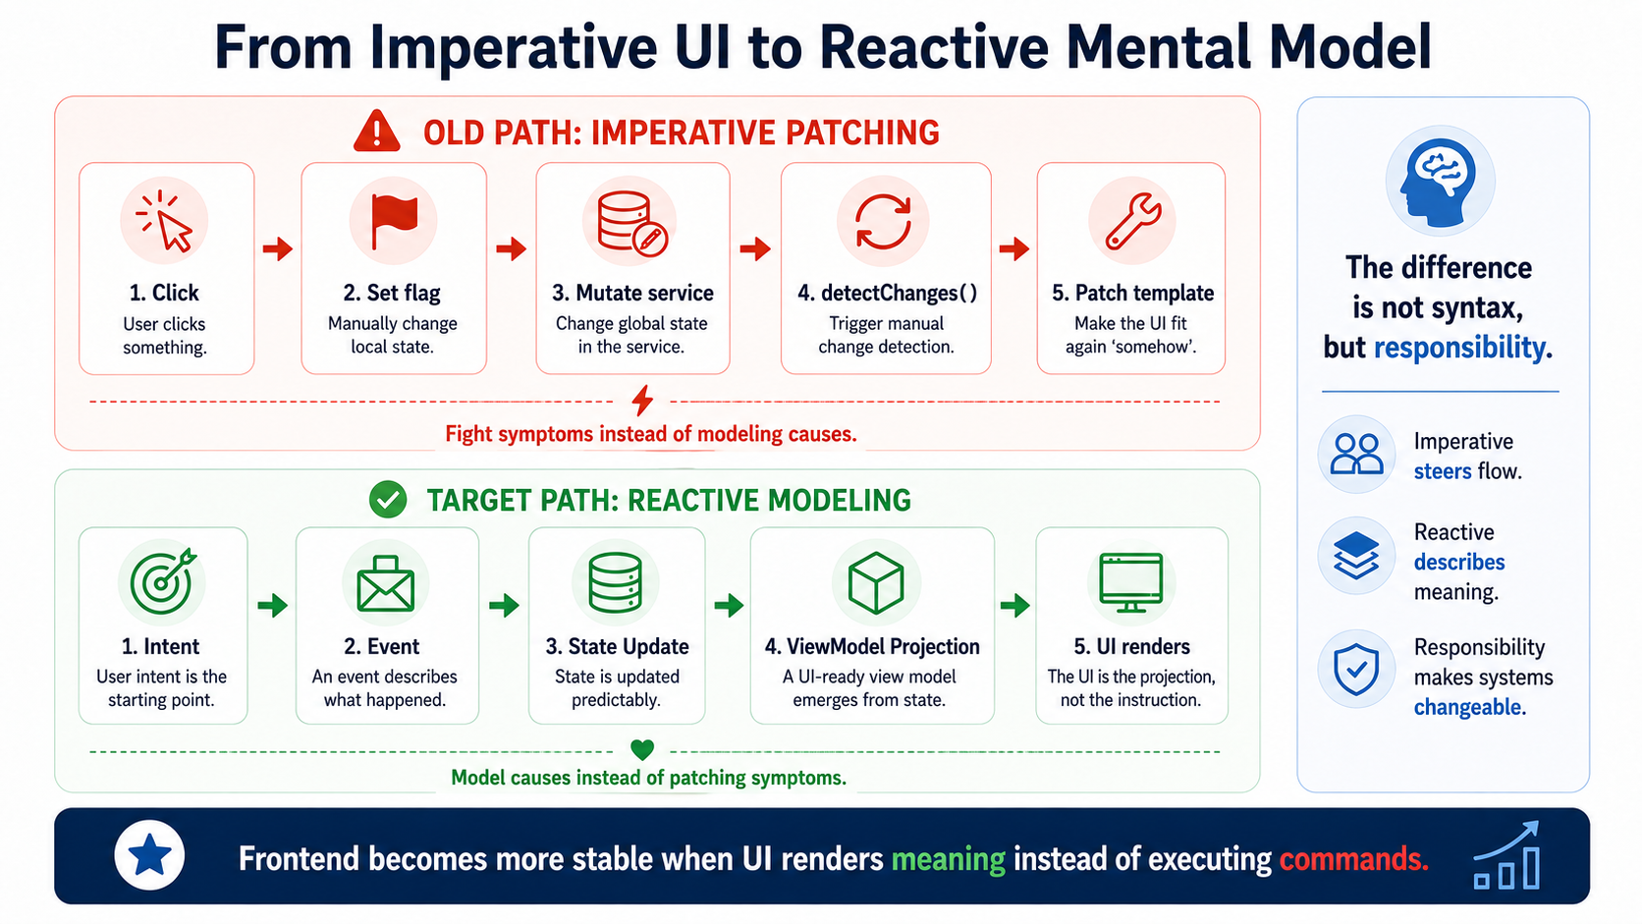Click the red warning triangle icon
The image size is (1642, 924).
377,132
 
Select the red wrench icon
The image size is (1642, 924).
1132,222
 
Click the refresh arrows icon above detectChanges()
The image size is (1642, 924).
883,222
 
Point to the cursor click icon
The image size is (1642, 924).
165,221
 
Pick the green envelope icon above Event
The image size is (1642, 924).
386,584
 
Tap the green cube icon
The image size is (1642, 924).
875,582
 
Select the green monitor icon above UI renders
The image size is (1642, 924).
1131,582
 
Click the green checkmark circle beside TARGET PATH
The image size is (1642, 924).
388,500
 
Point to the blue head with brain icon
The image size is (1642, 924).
1439,181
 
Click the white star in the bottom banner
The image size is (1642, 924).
149,855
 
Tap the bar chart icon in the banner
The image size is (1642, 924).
1507,856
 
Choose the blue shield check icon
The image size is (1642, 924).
1356,669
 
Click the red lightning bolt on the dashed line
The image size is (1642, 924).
643,400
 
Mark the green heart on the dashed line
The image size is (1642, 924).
642,749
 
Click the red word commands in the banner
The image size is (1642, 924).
1354,858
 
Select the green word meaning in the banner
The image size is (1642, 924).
948,859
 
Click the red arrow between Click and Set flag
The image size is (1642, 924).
278,248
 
